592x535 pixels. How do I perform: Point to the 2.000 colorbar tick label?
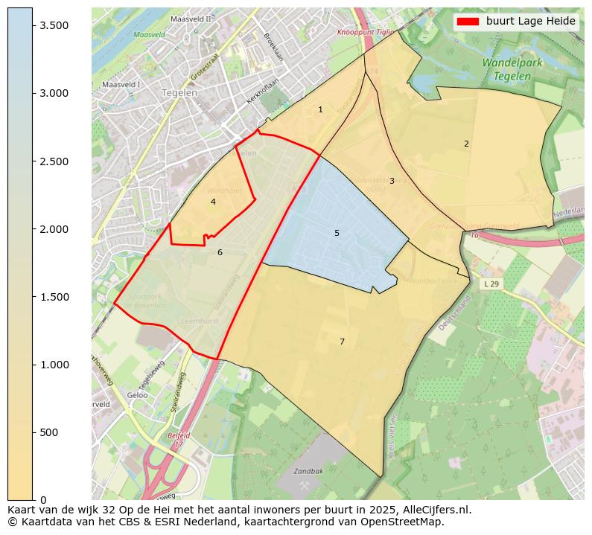54,229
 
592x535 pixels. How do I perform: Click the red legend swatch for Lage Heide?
468,22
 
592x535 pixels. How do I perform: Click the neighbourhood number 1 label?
321,110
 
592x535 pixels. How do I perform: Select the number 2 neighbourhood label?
466,144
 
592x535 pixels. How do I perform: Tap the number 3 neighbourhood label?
392,182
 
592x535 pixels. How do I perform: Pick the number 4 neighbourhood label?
213,202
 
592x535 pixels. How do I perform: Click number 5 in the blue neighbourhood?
337,234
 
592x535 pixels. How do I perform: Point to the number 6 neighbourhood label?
220,253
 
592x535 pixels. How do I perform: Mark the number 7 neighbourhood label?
342,342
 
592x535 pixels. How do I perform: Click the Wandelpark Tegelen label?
512,69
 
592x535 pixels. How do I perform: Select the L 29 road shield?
490,284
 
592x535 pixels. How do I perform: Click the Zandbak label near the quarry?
308,472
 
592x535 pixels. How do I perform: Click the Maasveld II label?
191,19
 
